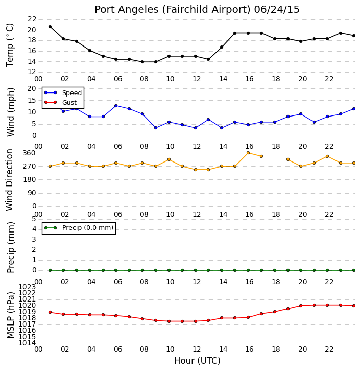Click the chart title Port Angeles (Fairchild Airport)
click(x=172, y=10)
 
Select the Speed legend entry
click(x=63, y=93)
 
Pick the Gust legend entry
click(x=61, y=102)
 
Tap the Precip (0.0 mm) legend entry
click(x=79, y=228)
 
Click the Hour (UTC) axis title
click(x=197, y=361)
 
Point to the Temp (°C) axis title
click(x=10, y=45)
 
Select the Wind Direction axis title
click(x=10, y=180)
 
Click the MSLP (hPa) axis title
click(x=10, y=315)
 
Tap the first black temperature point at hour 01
click(x=50, y=27)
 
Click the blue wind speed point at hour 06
click(x=116, y=106)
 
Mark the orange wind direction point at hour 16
click(x=248, y=153)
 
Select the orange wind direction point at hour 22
click(x=327, y=156)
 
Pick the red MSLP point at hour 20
click(x=301, y=306)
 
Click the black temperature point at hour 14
click(x=222, y=47)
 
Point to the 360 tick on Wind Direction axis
click(x=29, y=153)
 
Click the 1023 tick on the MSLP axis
click(x=28, y=287)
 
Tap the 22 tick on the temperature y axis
click(x=32, y=19)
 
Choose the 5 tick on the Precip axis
click(x=34, y=219)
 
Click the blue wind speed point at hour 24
click(x=354, y=109)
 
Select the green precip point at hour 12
click(x=196, y=270)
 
